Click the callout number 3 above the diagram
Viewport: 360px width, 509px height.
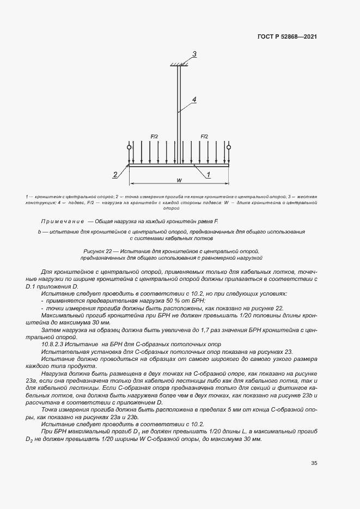pos(194,53)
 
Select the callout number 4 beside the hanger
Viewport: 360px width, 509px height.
pos(193,99)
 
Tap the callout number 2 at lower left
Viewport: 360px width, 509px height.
pos(115,175)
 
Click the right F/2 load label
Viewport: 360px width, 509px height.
pos(204,136)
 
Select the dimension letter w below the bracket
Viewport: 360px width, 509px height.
pos(179,180)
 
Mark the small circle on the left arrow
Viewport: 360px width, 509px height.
pos(129,147)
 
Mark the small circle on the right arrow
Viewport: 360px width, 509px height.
pos(229,147)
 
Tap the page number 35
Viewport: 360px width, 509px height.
pos(314,463)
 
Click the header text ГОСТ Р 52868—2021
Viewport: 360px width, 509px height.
pos(287,37)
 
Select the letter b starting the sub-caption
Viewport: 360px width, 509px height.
pos(40,232)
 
